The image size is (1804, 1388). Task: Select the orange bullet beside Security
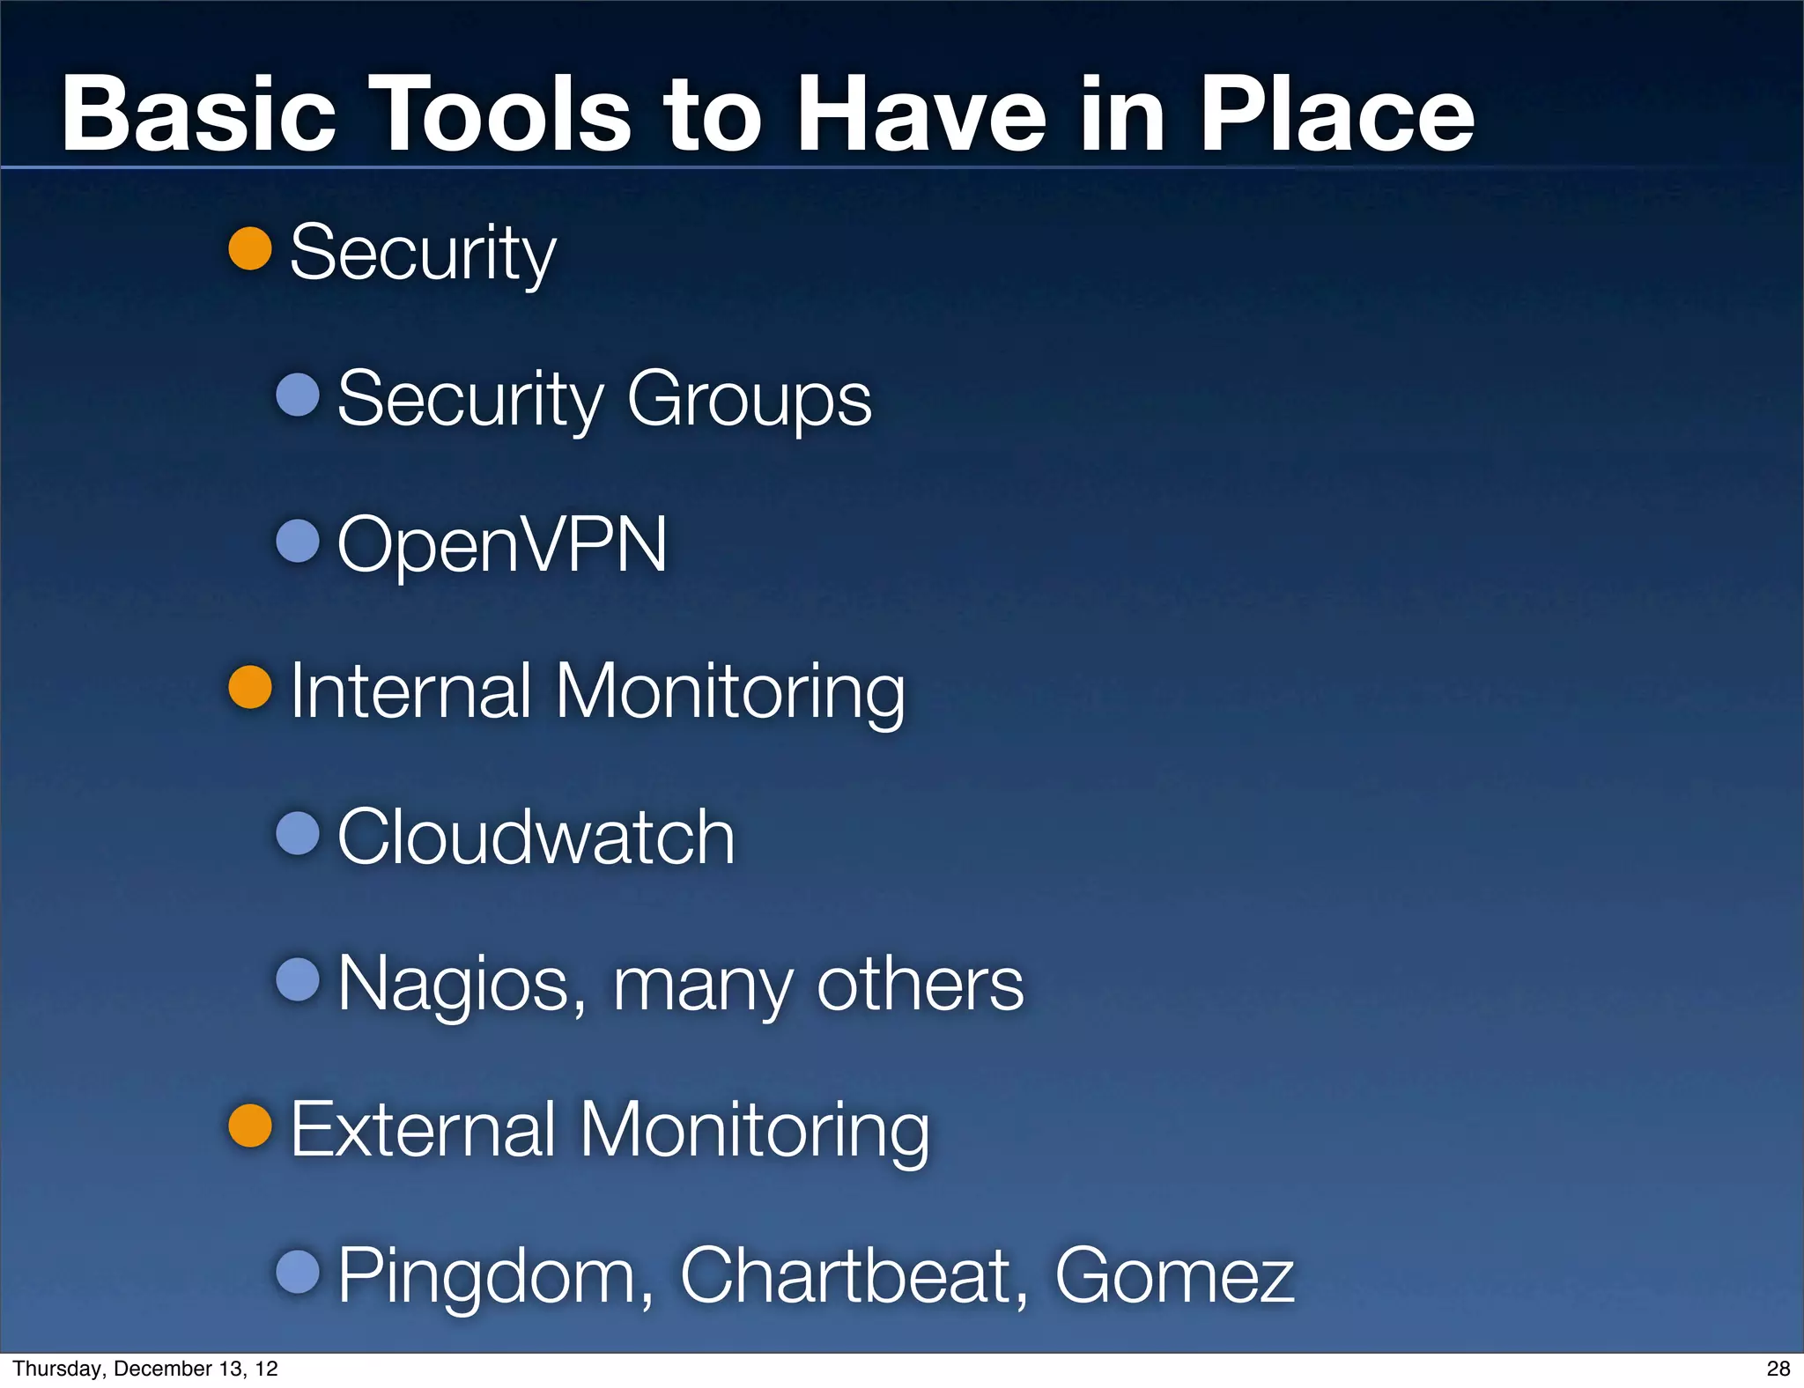pos(250,248)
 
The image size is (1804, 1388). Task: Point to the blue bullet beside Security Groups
pos(298,395)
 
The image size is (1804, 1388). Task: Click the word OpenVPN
pos(502,546)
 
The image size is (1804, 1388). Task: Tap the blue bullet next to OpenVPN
pos(298,541)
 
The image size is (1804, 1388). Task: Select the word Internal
pos(410,691)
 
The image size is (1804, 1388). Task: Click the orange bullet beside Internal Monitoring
pos(250,687)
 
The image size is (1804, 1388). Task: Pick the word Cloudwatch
pos(536,837)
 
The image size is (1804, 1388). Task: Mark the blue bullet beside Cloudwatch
pos(298,833)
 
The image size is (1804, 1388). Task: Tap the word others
pos(920,983)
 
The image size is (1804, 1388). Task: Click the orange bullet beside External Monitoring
pos(250,1126)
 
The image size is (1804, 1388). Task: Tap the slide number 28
pos(1778,1369)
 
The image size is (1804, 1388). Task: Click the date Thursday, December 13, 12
pos(145,1369)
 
